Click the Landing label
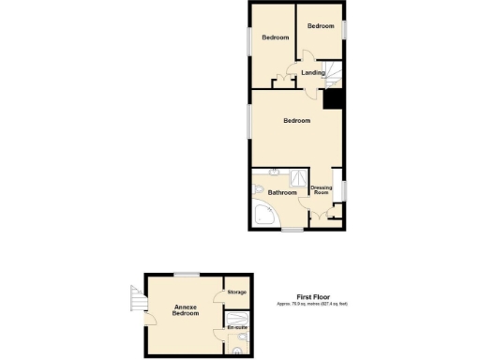(313, 72)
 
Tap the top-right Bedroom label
(321, 26)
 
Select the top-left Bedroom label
(275, 37)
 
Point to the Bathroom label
(281, 193)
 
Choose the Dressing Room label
(322, 190)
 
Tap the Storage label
(236, 292)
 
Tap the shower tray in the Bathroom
(297, 176)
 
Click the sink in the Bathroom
(273, 172)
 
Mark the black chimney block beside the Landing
(334, 97)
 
